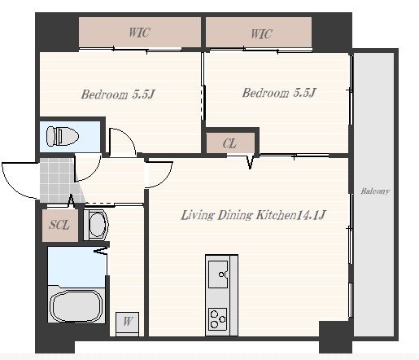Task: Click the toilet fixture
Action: click(x=63, y=136)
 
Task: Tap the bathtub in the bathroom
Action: click(x=76, y=305)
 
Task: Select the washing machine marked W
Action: click(x=128, y=324)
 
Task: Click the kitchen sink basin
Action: click(x=218, y=274)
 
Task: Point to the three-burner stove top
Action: click(x=217, y=318)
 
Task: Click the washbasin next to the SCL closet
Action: click(x=97, y=225)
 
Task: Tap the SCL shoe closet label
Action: click(x=59, y=225)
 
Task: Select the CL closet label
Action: click(x=229, y=143)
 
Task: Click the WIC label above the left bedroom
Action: click(x=139, y=33)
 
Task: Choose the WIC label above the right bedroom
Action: click(x=261, y=34)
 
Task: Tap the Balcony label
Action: click(x=375, y=191)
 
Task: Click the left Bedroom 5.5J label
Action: click(x=118, y=94)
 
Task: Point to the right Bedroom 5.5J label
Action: click(x=279, y=93)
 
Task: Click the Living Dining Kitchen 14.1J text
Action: click(x=253, y=215)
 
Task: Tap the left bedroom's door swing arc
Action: click(x=128, y=135)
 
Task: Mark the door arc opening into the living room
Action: click(x=166, y=179)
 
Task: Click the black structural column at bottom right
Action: click(x=335, y=337)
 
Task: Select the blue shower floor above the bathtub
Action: click(x=76, y=266)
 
